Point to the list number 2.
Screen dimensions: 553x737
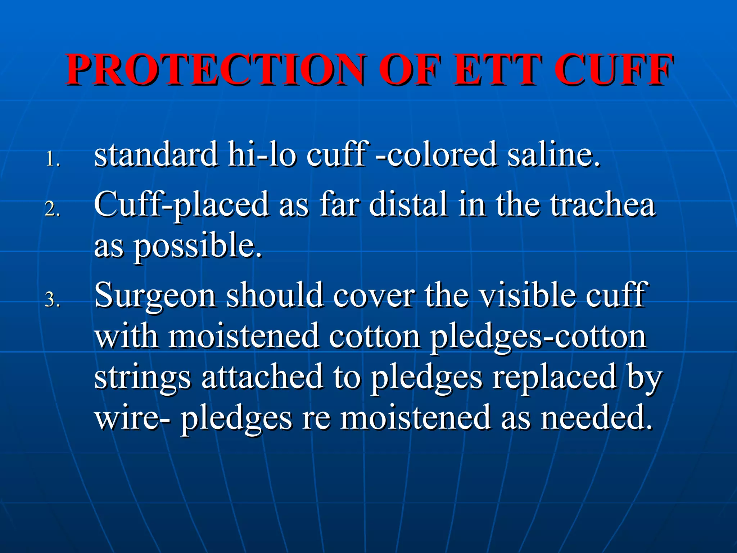(x=53, y=208)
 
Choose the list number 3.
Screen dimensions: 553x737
(x=53, y=300)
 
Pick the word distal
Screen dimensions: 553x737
(x=408, y=204)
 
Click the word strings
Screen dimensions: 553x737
(x=143, y=377)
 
